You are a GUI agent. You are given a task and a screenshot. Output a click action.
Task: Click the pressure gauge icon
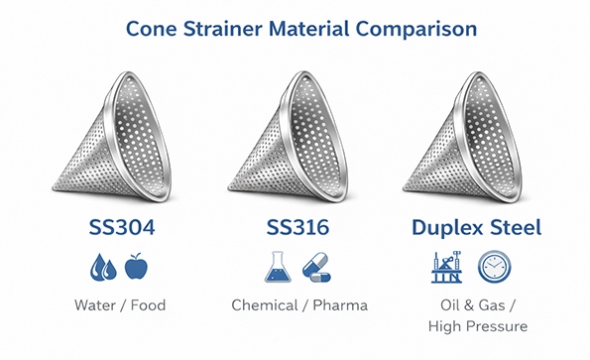[x=495, y=267]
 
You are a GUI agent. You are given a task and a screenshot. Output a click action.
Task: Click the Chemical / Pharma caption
[x=298, y=304]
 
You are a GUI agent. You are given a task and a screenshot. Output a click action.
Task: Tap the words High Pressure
[x=476, y=326]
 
